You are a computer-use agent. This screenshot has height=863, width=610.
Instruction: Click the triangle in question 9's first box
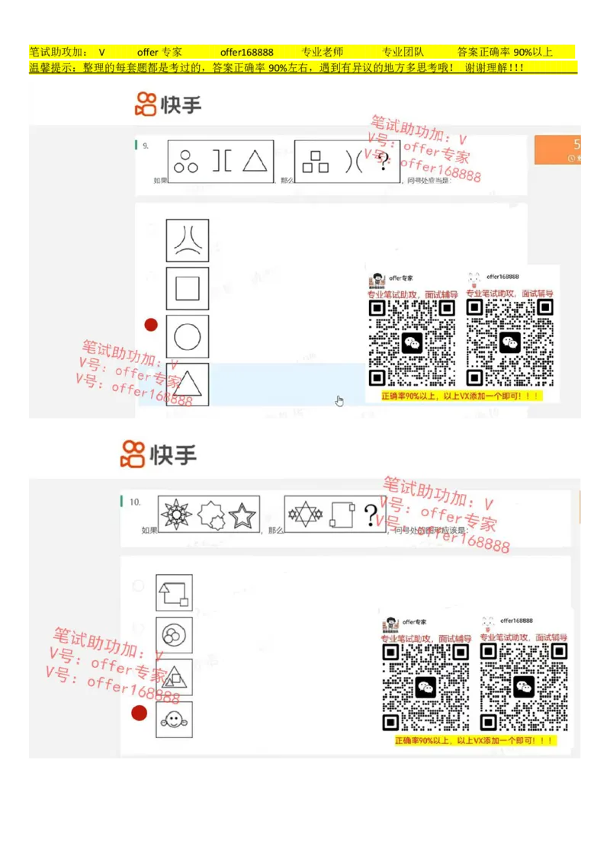click(255, 162)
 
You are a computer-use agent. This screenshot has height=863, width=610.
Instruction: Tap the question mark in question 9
click(384, 159)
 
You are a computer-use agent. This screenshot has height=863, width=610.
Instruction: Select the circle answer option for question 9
click(188, 336)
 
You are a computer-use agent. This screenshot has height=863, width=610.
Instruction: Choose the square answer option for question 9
click(188, 289)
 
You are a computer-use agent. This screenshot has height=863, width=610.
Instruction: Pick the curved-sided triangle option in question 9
click(188, 241)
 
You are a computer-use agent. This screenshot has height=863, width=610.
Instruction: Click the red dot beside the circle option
click(151, 325)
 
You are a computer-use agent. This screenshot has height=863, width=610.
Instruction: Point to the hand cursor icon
click(339, 401)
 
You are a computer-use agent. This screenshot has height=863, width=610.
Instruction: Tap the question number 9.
click(145, 145)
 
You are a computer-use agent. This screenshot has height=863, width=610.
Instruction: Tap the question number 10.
click(135, 502)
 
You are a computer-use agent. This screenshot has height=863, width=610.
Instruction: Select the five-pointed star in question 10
click(242, 515)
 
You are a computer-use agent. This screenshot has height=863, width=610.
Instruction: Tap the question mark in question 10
click(371, 513)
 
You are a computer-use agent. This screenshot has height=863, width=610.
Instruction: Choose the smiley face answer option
click(174, 719)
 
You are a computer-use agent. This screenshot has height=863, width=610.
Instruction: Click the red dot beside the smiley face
click(139, 713)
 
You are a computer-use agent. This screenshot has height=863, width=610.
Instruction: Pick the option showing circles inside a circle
click(174, 634)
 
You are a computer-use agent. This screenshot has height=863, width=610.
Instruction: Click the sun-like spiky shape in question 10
click(177, 515)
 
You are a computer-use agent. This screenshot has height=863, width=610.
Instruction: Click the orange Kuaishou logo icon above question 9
click(145, 104)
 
